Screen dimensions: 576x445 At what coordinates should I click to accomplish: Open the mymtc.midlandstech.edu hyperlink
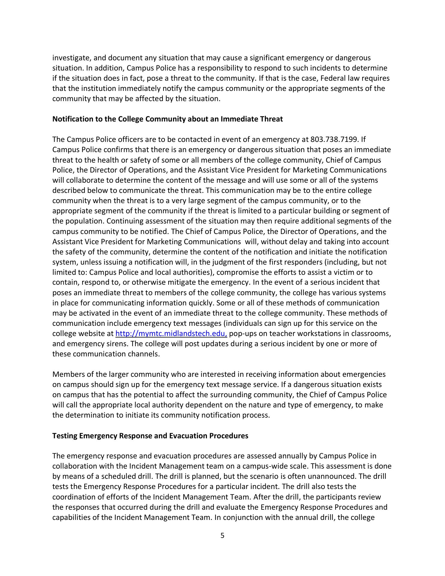[x=171, y=334]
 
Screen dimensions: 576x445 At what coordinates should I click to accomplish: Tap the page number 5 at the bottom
[x=222, y=535]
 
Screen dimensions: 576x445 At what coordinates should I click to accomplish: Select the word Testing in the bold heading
[x=64, y=436]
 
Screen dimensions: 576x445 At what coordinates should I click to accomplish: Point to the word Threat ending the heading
[x=272, y=119]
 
